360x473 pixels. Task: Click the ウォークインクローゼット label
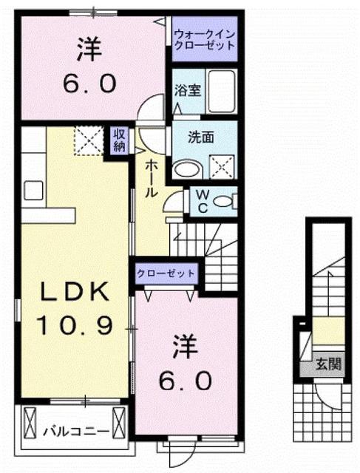(x=205, y=39)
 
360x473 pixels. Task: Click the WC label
(x=200, y=200)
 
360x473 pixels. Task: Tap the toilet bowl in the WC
(x=225, y=200)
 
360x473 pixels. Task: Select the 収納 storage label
(x=118, y=140)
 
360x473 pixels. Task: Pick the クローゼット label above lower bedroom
(x=166, y=273)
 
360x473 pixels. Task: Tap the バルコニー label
(x=75, y=429)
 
